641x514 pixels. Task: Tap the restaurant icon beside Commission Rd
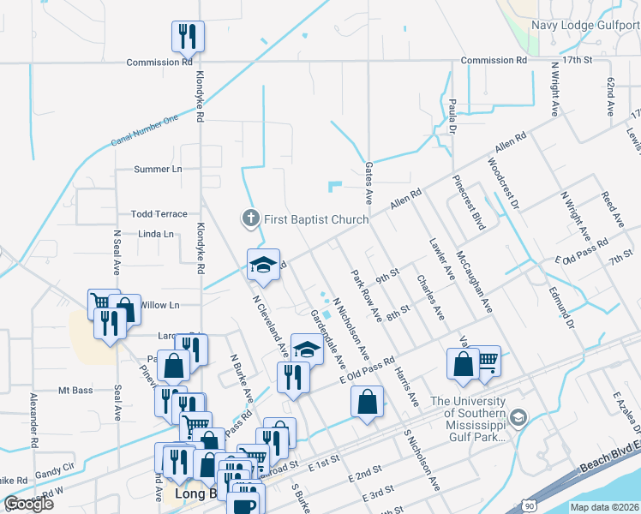188,37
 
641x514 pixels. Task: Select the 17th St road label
578,61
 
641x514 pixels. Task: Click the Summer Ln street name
159,169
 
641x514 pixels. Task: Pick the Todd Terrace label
159,213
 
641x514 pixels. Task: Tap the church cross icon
251,218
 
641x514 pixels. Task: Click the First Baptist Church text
315,219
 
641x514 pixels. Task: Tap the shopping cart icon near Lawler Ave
488,362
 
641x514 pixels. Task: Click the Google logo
28,504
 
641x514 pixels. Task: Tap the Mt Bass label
75,391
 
